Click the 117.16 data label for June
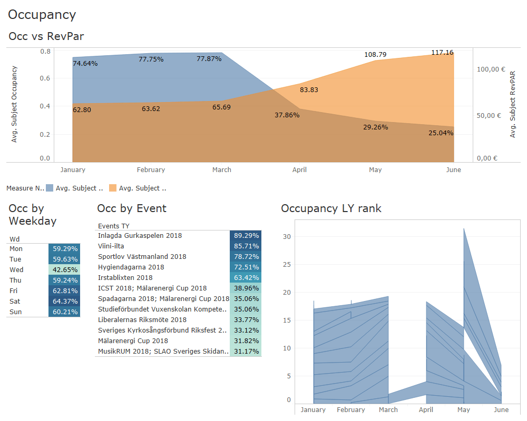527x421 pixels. click(x=442, y=53)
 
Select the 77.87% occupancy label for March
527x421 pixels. click(x=209, y=59)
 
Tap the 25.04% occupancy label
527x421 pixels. click(x=441, y=133)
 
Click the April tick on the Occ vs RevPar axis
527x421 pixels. click(x=299, y=170)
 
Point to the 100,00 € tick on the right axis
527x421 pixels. click(x=491, y=69)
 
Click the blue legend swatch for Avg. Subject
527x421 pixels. click(x=50, y=188)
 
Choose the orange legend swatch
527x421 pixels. click(x=113, y=188)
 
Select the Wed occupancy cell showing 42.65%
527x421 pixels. click(x=64, y=270)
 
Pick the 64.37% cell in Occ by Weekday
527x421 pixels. click(x=64, y=302)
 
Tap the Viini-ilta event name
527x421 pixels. click(x=111, y=246)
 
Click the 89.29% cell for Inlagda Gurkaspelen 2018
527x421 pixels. click(x=246, y=236)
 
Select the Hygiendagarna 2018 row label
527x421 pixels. click(x=131, y=267)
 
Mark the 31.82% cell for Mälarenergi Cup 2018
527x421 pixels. click(x=246, y=340)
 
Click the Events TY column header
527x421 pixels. click(x=114, y=226)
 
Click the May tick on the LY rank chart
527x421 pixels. click(x=464, y=410)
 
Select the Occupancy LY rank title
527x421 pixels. click(x=331, y=208)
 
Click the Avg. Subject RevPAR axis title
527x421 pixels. click(x=512, y=104)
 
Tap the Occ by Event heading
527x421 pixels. click(x=132, y=208)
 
